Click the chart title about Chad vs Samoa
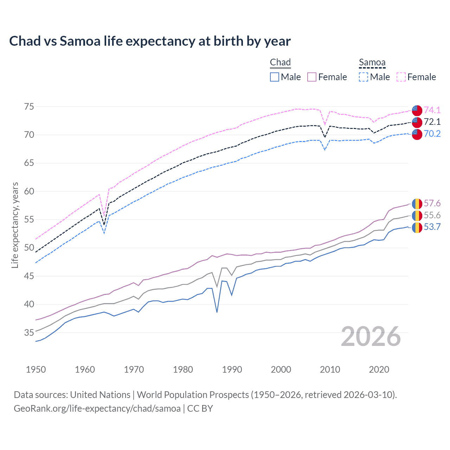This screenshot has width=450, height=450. (150, 41)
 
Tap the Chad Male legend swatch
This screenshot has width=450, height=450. (275, 77)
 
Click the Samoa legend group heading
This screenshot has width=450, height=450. (372, 63)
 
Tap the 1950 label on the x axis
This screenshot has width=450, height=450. (36, 369)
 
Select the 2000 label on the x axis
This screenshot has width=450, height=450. (281, 369)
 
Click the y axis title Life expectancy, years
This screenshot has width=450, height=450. (15, 225)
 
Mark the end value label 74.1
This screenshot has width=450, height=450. (432, 110)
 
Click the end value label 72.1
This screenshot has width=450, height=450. (432, 122)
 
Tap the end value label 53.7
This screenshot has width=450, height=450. (432, 227)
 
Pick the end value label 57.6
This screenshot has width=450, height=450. (432, 204)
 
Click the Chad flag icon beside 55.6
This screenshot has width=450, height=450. (417, 216)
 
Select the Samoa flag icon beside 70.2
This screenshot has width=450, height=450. (417, 134)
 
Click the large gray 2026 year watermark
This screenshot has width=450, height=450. (371, 337)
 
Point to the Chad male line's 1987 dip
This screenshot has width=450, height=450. (217, 312)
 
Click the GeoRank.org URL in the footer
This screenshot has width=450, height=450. (97, 409)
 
